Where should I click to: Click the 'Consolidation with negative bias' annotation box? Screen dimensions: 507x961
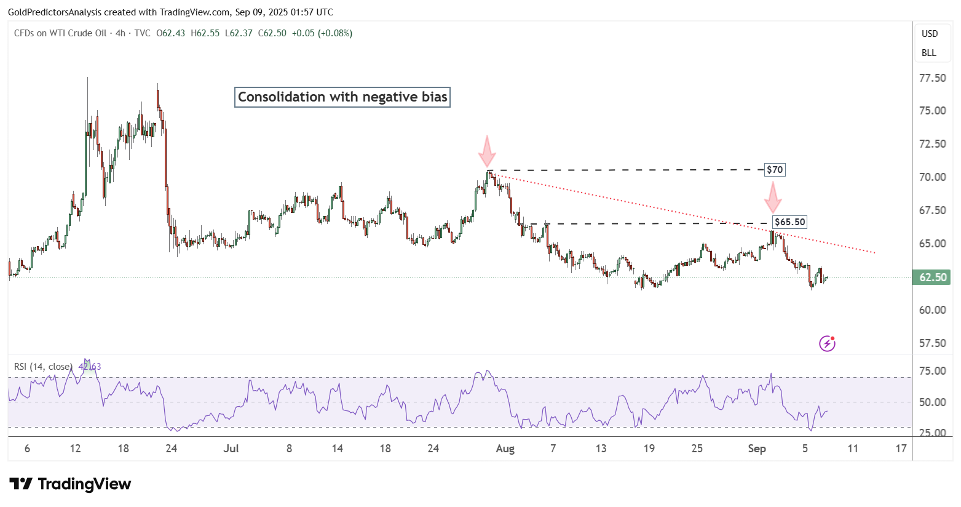coord(342,97)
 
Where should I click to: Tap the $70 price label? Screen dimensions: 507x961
coord(775,170)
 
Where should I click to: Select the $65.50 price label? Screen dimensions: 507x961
coord(789,222)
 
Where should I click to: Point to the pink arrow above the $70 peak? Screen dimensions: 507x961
coord(487,151)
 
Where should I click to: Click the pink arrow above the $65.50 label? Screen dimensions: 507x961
coord(773,198)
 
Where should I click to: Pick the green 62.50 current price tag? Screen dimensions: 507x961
coord(932,277)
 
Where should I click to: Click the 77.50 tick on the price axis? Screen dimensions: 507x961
coord(932,78)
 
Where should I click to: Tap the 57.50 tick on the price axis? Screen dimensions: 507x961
coord(932,343)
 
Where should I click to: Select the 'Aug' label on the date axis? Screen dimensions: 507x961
coord(505,449)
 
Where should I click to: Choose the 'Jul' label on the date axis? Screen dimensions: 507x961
coord(231,449)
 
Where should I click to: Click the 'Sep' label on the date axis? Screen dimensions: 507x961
coord(757,449)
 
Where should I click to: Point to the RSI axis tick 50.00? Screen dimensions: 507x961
coord(932,402)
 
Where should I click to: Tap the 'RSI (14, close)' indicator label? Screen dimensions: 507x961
coord(43,367)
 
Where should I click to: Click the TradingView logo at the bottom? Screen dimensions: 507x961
coord(70,484)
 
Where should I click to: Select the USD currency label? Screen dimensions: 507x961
coord(929,34)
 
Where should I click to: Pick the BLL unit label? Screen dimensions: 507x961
coord(928,53)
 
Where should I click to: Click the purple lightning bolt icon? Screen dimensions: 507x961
coord(827,343)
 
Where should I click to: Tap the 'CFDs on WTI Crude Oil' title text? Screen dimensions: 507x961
coord(60,33)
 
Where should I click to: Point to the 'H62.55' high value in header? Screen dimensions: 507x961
coord(205,33)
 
